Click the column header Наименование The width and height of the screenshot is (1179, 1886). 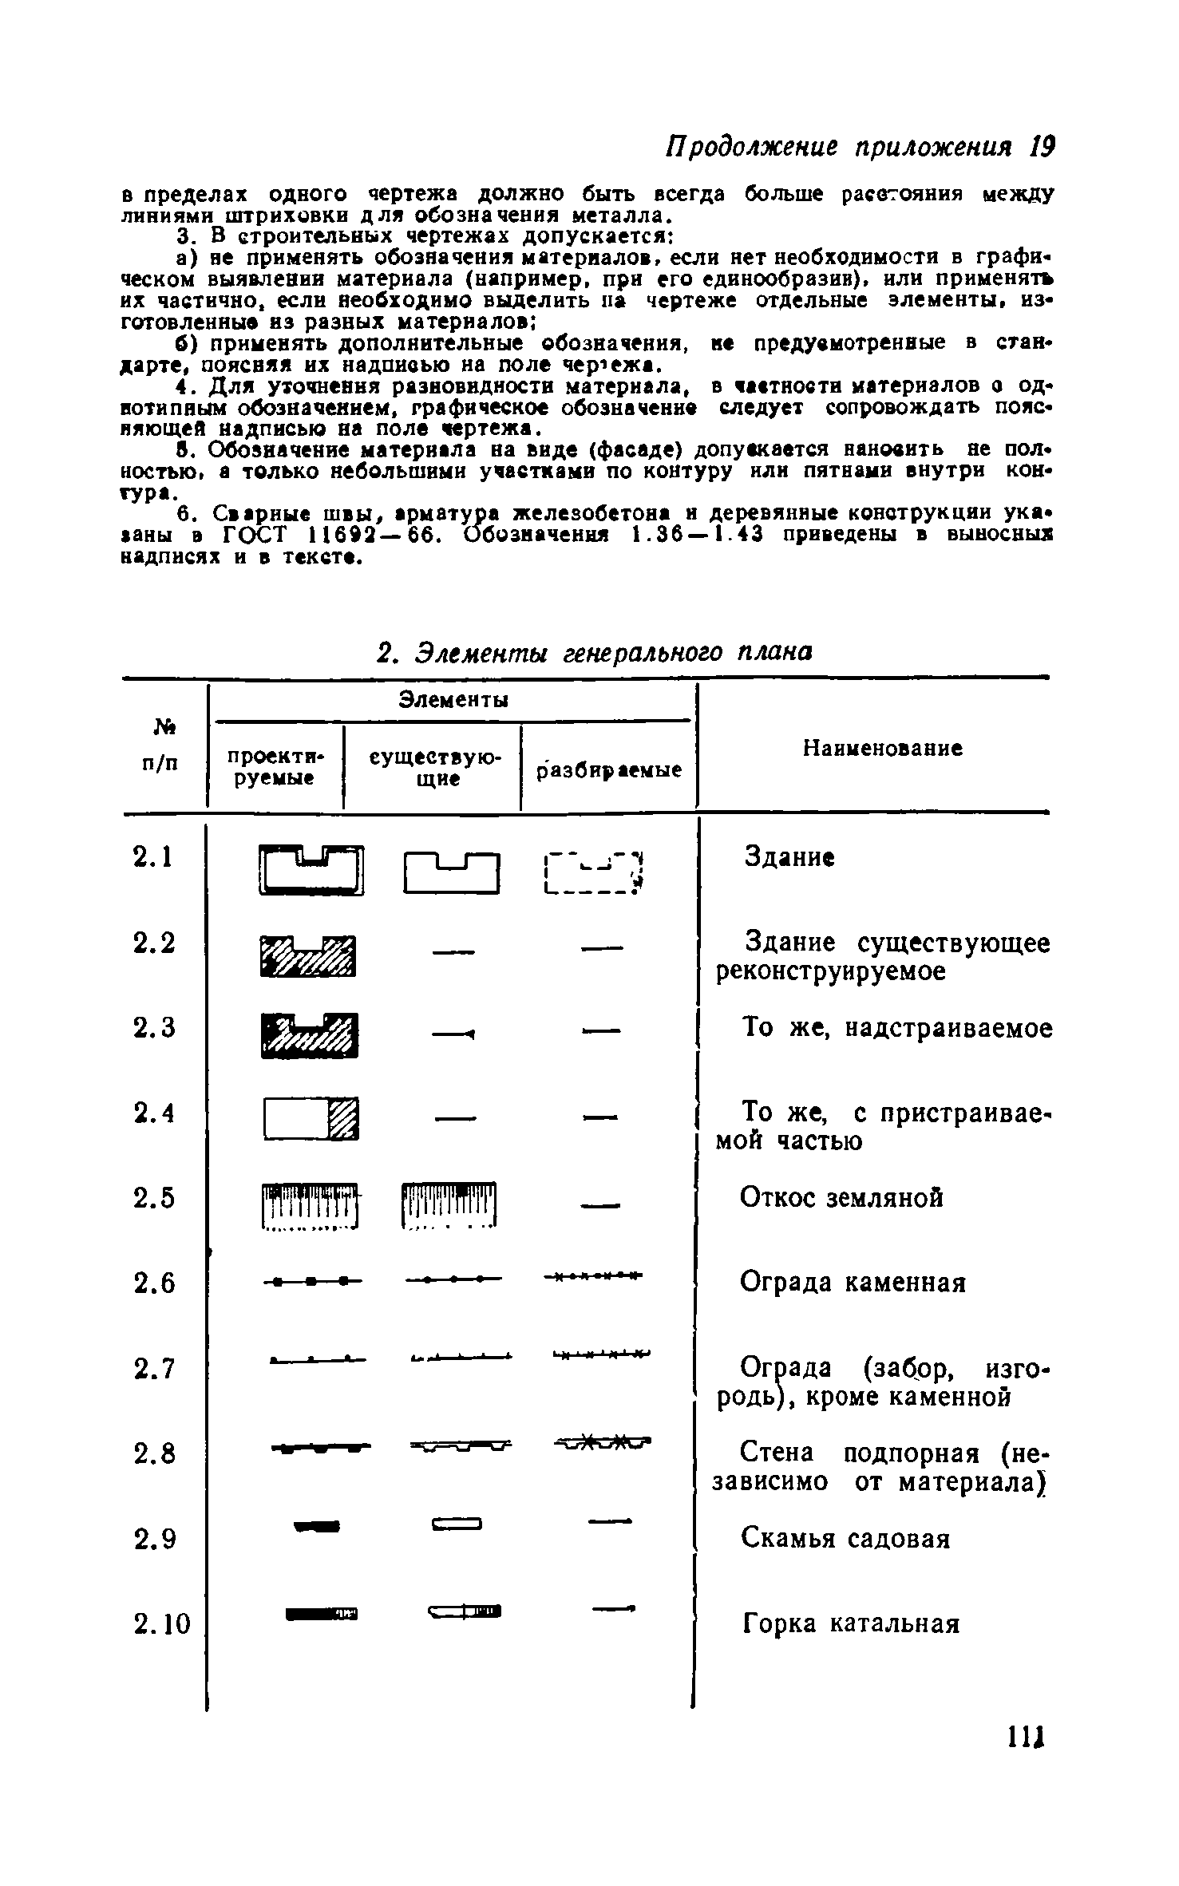point(882,749)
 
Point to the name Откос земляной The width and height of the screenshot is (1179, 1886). point(841,1197)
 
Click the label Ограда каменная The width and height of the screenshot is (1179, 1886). point(853,1283)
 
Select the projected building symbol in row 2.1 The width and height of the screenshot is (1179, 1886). point(311,870)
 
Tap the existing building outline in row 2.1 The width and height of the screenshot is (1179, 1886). point(452,872)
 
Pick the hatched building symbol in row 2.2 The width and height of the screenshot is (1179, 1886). point(308,955)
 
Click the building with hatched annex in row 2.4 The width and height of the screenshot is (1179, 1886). point(311,1119)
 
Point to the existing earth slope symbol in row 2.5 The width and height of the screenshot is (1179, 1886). point(449,1205)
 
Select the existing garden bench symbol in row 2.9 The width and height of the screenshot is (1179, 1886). point(457,1525)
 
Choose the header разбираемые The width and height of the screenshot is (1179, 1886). point(609,771)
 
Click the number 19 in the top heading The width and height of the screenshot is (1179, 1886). point(1041,146)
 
